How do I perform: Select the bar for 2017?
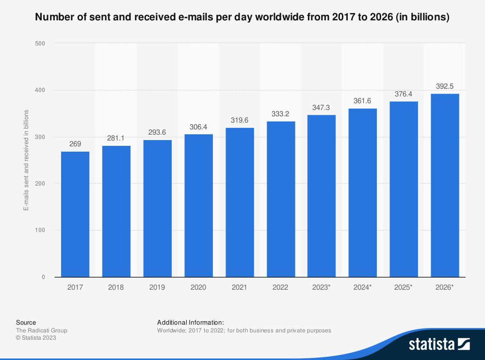pos(75,214)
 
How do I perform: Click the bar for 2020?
pos(198,205)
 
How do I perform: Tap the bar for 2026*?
pos(445,185)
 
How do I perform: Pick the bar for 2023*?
pos(322,196)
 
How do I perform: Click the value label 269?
pos(75,144)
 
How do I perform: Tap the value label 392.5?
pos(445,86)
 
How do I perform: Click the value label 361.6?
pos(363,101)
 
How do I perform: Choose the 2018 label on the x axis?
pos(116,287)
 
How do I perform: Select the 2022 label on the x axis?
pos(280,287)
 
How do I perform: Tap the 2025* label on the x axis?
pos(404,287)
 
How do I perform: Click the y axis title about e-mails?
pos(26,160)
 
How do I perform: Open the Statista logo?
pos(439,344)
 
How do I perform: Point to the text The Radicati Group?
pos(42,330)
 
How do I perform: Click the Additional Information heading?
pos(191,322)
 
